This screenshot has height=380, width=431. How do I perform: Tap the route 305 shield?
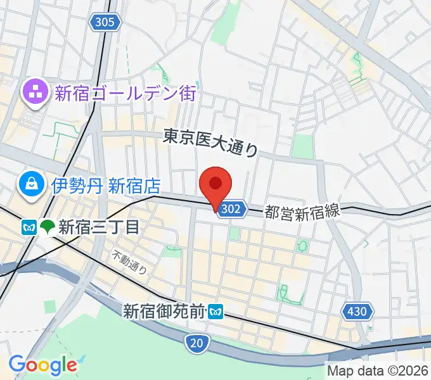(105, 23)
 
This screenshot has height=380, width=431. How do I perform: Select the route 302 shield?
(231, 210)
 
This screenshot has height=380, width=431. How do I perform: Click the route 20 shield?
(198, 343)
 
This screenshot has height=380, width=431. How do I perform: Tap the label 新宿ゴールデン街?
(125, 94)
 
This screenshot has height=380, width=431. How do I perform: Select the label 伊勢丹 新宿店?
(106, 186)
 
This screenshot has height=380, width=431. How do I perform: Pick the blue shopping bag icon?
(30, 185)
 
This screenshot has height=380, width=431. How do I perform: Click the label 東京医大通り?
(211, 142)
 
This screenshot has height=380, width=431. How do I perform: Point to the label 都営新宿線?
(302, 212)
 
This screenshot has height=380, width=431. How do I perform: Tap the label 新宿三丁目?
(98, 227)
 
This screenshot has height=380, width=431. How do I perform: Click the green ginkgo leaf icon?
(47, 227)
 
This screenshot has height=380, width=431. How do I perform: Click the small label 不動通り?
(130, 263)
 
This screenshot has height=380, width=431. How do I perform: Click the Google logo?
(42, 365)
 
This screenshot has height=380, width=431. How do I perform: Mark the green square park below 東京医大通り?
(302, 146)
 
